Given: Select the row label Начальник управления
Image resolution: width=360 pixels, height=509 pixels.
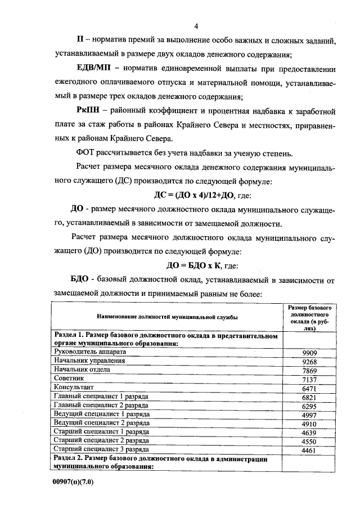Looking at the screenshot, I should tap(88, 361).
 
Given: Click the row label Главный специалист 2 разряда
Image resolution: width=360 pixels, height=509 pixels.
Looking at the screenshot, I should tap(100, 405).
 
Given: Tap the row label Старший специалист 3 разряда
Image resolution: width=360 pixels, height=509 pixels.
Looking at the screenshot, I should tap(100, 449).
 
